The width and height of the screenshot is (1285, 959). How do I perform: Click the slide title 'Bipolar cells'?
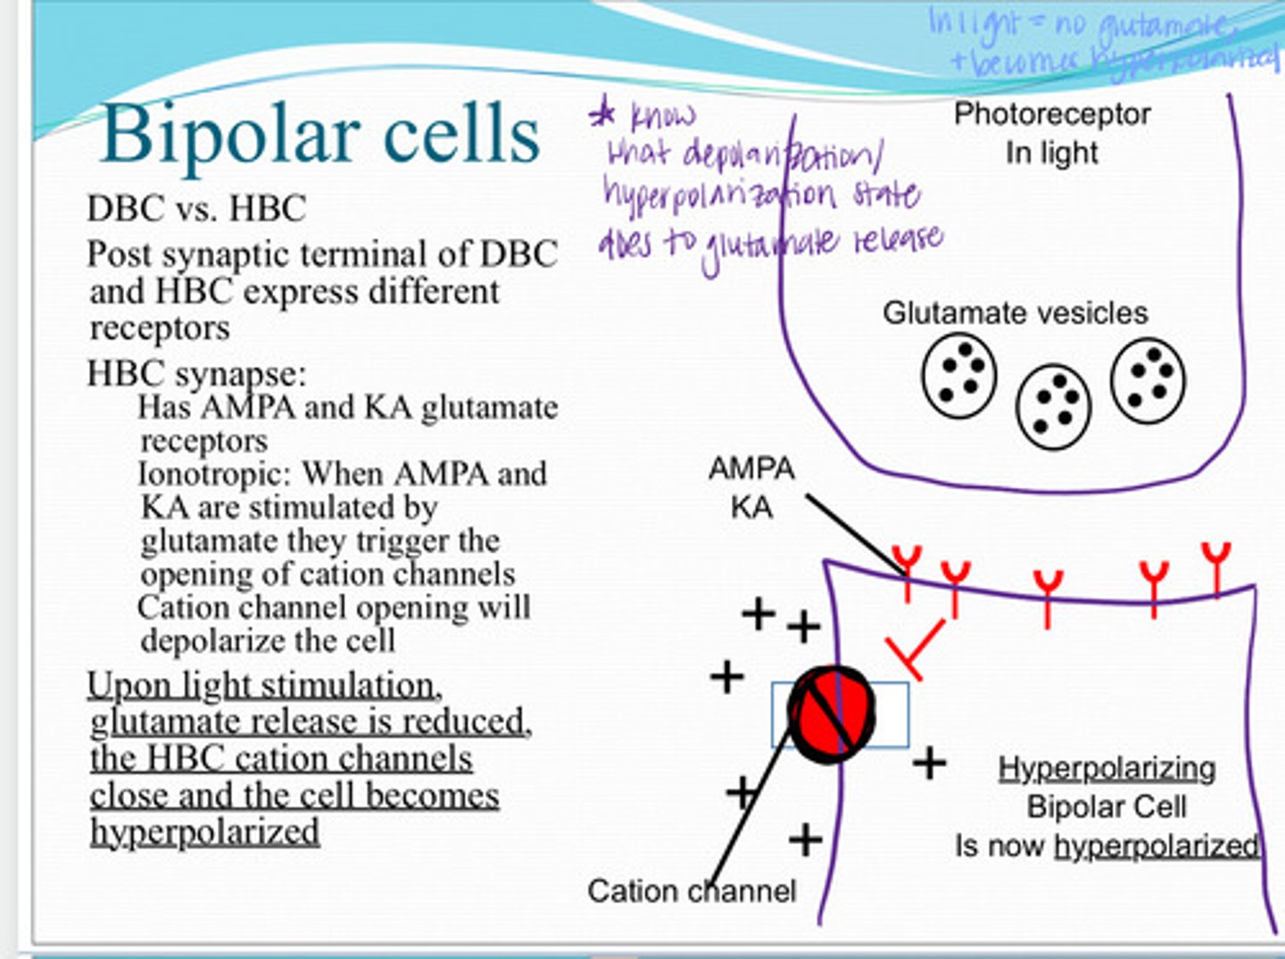coord(321,134)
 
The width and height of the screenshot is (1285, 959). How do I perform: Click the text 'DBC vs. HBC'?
coord(196,209)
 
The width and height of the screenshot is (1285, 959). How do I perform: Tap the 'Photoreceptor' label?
coord(1051,114)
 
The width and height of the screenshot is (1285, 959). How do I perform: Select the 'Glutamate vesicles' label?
coord(1015,313)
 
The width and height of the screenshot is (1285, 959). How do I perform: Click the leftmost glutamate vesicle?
coord(958,376)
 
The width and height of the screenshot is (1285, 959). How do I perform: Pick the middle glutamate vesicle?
coord(1053,406)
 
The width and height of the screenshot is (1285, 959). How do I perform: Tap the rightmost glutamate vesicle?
coord(1148,379)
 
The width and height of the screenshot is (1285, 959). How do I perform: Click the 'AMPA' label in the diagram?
coord(750,468)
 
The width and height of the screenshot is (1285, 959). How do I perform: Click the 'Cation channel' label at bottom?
coord(691,890)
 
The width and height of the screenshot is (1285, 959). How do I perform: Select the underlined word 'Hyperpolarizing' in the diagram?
coord(1107,768)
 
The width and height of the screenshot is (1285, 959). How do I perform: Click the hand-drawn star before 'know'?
coord(603,115)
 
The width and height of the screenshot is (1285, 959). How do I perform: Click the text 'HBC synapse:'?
coord(196,373)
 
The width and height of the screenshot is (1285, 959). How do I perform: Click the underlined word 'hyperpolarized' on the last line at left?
coord(204,832)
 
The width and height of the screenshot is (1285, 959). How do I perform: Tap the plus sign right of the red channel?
coord(929,763)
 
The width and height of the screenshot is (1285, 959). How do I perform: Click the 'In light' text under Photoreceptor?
coord(1051,153)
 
